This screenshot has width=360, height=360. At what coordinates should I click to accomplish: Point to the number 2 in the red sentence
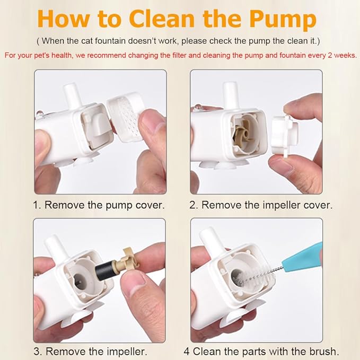(x=330, y=55)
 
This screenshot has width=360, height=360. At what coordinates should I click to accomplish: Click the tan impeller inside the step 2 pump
(x=243, y=134)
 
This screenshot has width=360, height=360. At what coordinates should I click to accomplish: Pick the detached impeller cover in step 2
(x=285, y=134)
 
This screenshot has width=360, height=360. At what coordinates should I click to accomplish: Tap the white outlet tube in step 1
(x=73, y=96)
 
